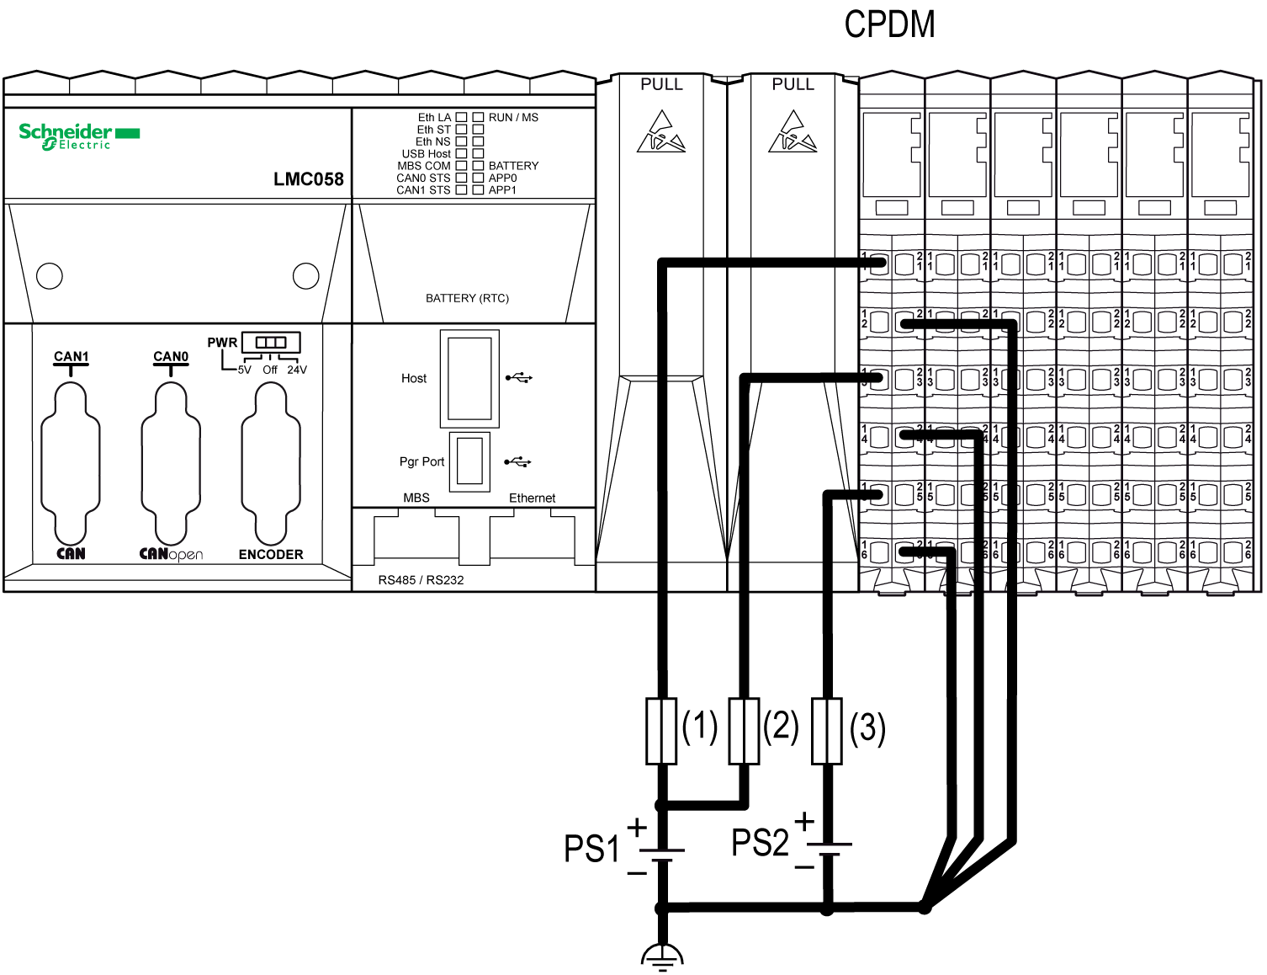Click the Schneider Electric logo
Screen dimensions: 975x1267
[x=79, y=136]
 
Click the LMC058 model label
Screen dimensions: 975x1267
[x=308, y=179]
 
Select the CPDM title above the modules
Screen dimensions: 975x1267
[x=889, y=24]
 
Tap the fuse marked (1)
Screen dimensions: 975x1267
[x=661, y=731]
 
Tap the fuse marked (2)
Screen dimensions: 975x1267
[x=744, y=731]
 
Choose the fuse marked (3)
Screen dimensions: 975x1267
[x=827, y=731]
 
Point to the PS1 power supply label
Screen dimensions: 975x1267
[x=591, y=849]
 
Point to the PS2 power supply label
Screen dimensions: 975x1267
[x=760, y=843]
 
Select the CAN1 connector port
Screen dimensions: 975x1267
[x=71, y=463]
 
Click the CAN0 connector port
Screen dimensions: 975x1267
[x=171, y=463]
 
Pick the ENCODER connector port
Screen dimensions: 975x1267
[x=271, y=463]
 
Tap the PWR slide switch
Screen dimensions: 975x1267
[x=271, y=343]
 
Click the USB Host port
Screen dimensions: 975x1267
[x=469, y=379]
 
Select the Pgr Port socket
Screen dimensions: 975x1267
[x=469, y=461]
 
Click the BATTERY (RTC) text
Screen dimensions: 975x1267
[x=467, y=298]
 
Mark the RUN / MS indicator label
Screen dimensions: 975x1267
[x=513, y=118]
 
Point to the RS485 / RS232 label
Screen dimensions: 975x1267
[x=421, y=580]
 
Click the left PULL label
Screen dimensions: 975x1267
[x=661, y=85]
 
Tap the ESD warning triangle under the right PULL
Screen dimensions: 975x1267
[x=793, y=132]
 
